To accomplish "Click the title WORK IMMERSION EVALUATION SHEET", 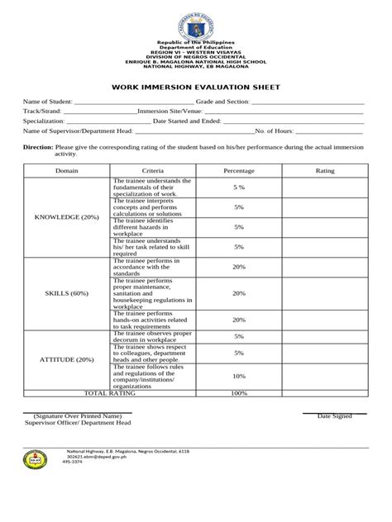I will pyautogui.click(x=196, y=86).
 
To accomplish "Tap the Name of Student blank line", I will pyautogui.click(x=133, y=102).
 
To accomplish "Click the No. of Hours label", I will pyautogui.click(x=280, y=130).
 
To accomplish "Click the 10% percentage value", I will pyautogui.click(x=238, y=375).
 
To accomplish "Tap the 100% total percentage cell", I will pyautogui.click(x=239, y=394).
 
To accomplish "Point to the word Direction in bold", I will pyautogui.click(x=38, y=146).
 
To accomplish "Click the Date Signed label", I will pyautogui.click(x=335, y=415).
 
